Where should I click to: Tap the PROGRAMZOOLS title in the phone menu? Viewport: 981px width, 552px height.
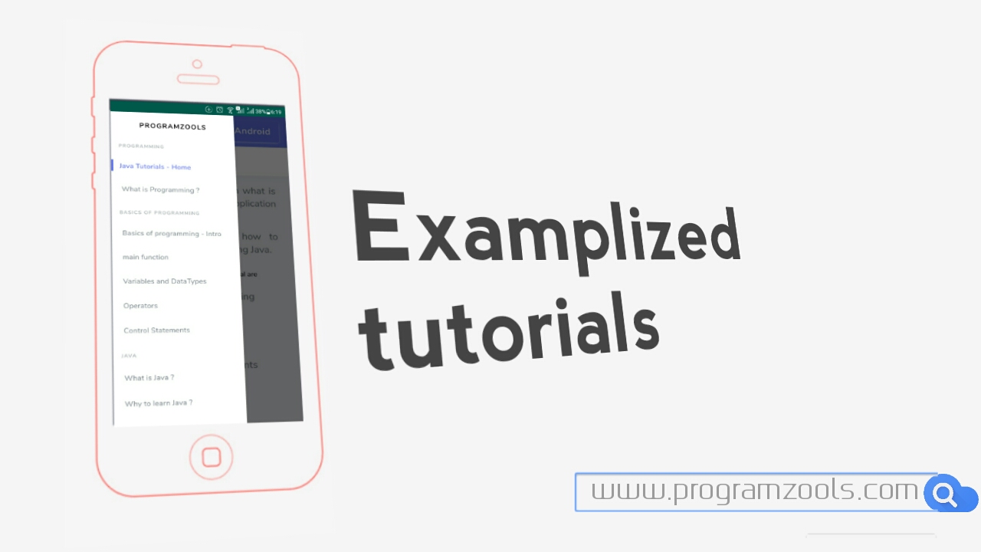172,127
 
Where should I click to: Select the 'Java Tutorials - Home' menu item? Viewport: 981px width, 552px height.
155,166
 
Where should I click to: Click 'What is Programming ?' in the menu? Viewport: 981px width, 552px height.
160,189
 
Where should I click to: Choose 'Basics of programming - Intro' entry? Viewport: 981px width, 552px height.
172,233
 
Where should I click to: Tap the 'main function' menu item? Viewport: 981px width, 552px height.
146,257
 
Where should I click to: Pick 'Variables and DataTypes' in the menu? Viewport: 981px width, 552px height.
165,281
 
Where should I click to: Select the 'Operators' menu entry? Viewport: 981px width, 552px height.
140,305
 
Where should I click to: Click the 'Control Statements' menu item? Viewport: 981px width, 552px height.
156,330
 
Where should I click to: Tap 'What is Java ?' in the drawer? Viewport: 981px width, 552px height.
149,378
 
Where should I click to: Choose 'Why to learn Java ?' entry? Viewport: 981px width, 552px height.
159,402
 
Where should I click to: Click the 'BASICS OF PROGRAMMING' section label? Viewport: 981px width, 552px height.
159,212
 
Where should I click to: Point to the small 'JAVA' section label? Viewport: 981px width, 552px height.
129,356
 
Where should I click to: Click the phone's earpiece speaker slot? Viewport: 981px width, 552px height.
198,79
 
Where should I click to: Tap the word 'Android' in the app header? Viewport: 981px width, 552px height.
252,131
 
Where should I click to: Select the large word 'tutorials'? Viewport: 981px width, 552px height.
510,337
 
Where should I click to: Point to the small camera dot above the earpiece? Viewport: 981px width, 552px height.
198,64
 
